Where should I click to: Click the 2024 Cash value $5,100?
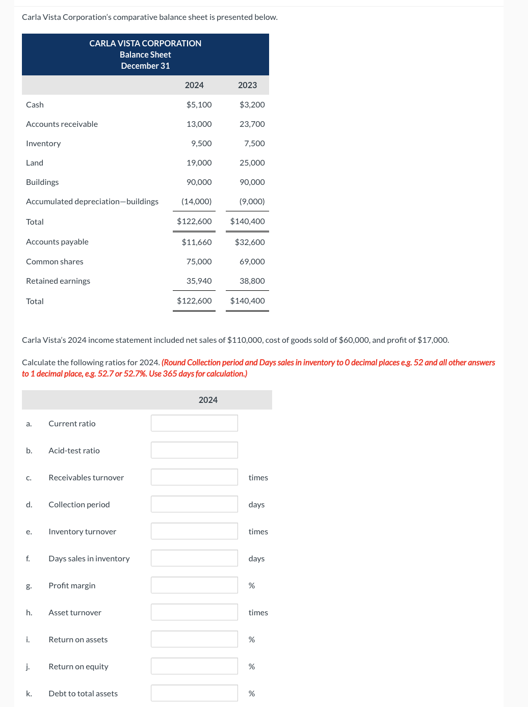tap(199, 104)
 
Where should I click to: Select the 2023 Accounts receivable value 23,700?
tap(252, 124)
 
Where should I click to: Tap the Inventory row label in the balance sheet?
tap(43, 143)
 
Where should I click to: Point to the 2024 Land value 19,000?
tap(199, 162)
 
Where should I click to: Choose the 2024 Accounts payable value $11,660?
tap(197, 242)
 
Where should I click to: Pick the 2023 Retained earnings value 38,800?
tap(252, 281)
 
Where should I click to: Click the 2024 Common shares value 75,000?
tap(199, 261)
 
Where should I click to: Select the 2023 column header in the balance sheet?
tap(247, 85)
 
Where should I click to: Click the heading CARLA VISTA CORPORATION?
tap(145, 43)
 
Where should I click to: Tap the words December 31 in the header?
tap(145, 66)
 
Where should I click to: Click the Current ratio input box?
tap(194, 423)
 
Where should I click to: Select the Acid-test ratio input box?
tap(194, 450)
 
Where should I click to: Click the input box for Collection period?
tap(194, 504)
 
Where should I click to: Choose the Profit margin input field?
tap(194, 585)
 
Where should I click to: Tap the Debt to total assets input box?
tap(194, 693)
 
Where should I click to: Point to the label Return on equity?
tap(78, 666)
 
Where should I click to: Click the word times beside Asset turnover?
tap(258, 612)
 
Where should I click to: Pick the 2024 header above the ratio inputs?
tap(208, 400)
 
